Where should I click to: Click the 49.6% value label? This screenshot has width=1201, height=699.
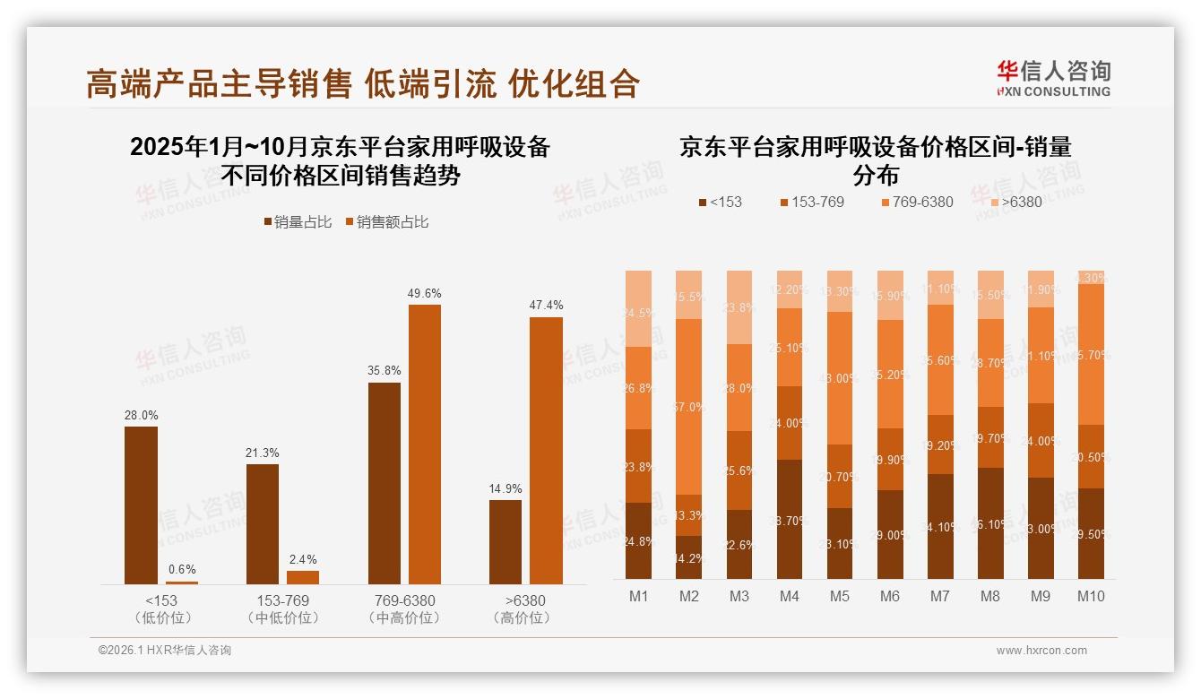pos(424,293)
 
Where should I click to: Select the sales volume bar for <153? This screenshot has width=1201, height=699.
pos(141,505)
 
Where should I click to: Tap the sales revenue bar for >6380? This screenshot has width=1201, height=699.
pos(546,451)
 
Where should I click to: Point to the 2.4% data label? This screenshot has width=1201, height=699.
pos(302,559)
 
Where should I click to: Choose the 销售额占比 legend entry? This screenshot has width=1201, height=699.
pos(386,222)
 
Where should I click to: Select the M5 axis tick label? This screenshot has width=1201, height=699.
pos(839,597)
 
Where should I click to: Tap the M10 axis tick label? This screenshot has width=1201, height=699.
pos(1090,597)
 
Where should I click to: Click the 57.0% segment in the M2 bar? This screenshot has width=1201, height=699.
pos(688,407)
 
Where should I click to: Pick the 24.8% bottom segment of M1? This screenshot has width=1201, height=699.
pos(638,540)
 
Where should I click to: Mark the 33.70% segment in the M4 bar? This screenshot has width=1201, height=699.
pos(789,520)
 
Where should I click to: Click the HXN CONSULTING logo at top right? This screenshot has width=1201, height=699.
pos(1053,78)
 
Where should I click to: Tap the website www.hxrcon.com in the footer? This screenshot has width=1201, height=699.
pos(1041,651)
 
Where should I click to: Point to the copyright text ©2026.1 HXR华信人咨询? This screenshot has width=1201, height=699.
pos(164,651)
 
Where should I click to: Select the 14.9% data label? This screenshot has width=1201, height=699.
pos(505,488)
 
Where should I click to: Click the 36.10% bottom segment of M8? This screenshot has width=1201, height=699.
pos(989,523)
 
